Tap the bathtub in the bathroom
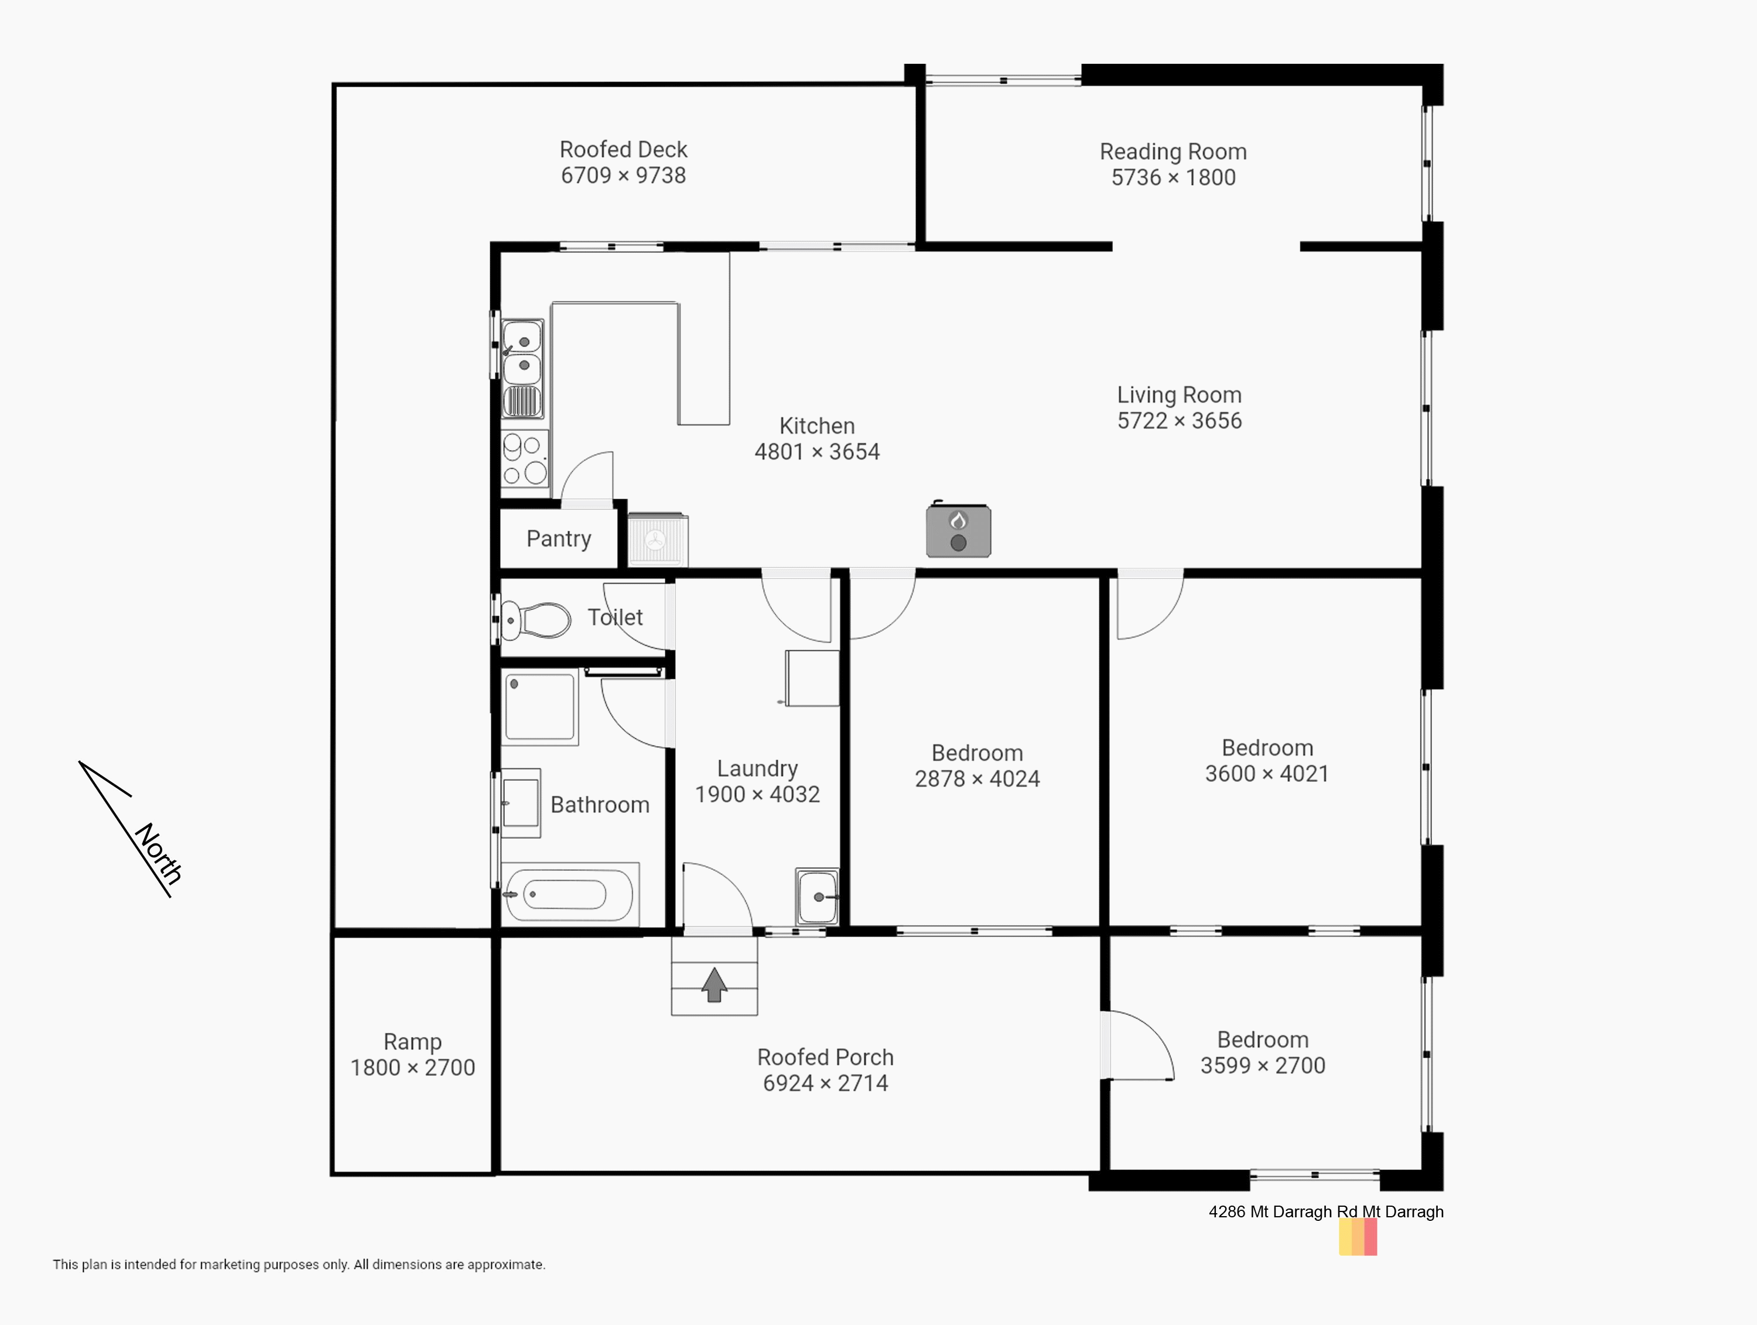pyautogui.click(x=569, y=895)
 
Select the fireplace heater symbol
pyautogui.click(x=959, y=530)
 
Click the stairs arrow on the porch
pyautogui.click(x=714, y=984)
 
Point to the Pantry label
pyautogui.click(x=558, y=538)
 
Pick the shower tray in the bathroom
pyautogui.click(x=540, y=706)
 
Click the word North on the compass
pyautogui.click(x=159, y=853)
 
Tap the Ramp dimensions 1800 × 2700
pyautogui.click(x=412, y=1067)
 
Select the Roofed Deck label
pyautogui.click(x=624, y=149)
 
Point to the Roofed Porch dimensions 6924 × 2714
pyautogui.click(x=825, y=1083)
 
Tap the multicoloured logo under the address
pyautogui.click(x=1358, y=1237)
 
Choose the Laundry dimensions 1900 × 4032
pyautogui.click(x=757, y=794)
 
